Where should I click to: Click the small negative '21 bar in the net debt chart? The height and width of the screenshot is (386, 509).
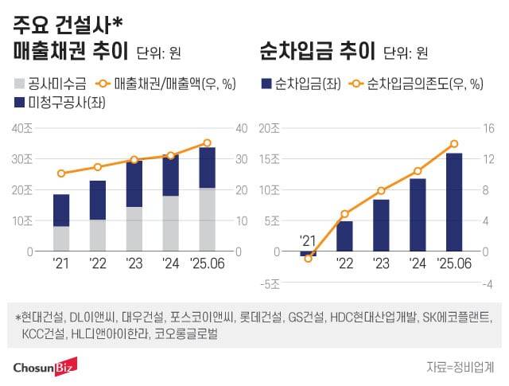(308, 254)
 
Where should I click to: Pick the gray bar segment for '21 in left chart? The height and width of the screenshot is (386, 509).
(61, 239)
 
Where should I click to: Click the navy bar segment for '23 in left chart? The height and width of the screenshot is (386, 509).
(134, 184)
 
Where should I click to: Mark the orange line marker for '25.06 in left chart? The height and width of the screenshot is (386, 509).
(207, 143)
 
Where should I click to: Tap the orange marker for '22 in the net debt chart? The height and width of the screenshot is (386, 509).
(344, 214)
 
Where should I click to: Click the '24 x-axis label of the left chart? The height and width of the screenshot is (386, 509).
(170, 263)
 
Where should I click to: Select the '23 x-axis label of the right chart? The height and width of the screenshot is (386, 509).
(381, 263)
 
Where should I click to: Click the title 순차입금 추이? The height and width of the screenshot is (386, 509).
(317, 53)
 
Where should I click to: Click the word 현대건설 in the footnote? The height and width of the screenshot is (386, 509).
(40, 318)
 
